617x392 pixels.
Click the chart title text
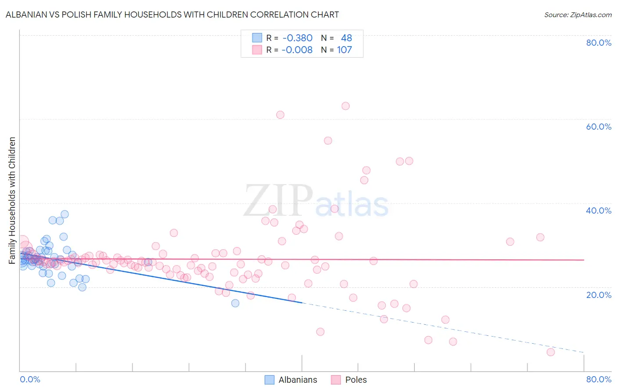(172, 15)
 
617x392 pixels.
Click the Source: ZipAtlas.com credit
(578, 15)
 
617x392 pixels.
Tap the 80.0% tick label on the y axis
(599, 43)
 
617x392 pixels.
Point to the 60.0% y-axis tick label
(599, 127)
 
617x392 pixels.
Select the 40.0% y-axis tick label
(599, 211)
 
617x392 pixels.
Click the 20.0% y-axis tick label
(599, 295)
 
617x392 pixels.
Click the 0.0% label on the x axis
(30, 379)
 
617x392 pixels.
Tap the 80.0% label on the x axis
(599, 379)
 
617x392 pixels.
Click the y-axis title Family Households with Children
(12, 200)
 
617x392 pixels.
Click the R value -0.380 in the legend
(298, 38)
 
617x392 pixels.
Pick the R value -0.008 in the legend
(297, 50)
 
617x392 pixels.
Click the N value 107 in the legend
(344, 50)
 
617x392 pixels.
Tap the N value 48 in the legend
(346, 38)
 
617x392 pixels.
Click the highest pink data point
(345, 106)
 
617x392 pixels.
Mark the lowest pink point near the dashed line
(551, 352)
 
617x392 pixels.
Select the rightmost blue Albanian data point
(235, 303)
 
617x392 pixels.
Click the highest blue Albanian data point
(65, 214)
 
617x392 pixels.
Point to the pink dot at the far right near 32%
(540, 237)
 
